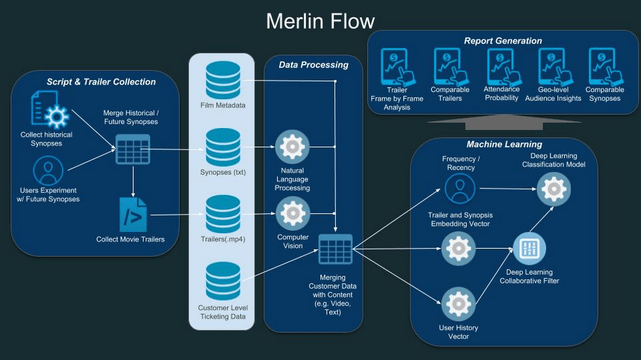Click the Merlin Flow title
(x=320, y=21)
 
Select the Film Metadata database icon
(x=223, y=80)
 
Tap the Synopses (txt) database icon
(x=223, y=147)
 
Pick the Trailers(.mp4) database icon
(x=223, y=215)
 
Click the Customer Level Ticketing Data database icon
(x=223, y=281)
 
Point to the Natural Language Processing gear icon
(x=292, y=147)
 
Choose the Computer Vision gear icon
(x=292, y=214)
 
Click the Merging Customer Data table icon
(x=335, y=249)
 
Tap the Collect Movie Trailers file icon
(x=133, y=215)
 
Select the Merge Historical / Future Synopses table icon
(x=133, y=149)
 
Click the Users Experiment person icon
(x=48, y=171)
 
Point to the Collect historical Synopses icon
(x=49, y=110)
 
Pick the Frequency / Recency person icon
(x=460, y=189)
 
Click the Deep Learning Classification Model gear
(x=553, y=189)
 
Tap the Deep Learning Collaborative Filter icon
(x=529, y=249)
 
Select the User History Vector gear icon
(x=459, y=304)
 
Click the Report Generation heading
(x=503, y=41)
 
